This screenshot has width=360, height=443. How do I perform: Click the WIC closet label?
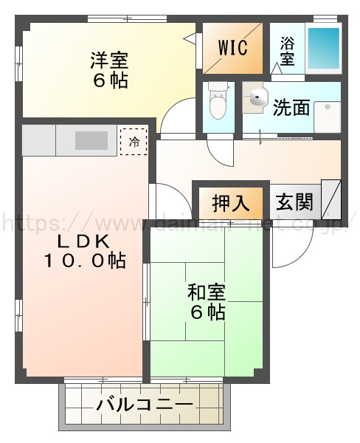click(x=232, y=47)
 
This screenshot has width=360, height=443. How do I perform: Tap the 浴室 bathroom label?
click(x=288, y=52)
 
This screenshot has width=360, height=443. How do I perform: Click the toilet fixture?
click(x=218, y=104)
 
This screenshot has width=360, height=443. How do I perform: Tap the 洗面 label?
click(x=291, y=108)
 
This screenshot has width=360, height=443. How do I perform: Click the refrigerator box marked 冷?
click(x=134, y=140)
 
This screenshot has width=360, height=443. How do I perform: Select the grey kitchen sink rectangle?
click(x=91, y=140)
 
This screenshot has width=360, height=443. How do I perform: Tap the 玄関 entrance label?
click(x=294, y=201)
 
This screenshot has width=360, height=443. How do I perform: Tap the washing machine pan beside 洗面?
click(x=327, y=116)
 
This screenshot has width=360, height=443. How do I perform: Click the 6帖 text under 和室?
click(x=207, y=313)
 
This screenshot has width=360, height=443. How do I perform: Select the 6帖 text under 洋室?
click(x=109, y=79)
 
